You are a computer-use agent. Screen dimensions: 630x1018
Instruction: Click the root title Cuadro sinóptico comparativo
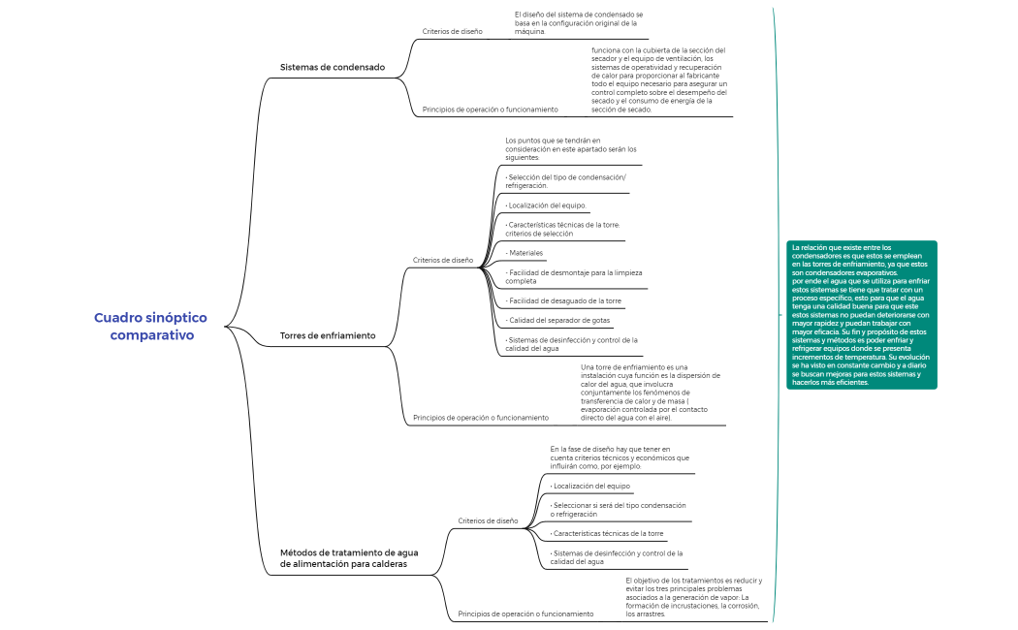point(151,327)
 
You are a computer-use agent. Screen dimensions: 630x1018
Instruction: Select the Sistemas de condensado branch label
point(332,68)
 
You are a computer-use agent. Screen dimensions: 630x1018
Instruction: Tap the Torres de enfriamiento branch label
point(327,336)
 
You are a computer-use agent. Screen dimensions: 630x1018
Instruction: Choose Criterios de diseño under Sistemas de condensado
point(452,32)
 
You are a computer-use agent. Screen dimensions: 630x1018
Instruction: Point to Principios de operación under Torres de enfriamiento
point(480,418)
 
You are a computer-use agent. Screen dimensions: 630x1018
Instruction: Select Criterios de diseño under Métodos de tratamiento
point(488,521)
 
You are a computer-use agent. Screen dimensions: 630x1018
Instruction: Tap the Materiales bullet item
point(525,253)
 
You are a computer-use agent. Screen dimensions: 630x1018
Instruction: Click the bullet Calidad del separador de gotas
point(558,320)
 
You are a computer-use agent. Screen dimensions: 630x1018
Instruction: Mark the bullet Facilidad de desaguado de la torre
point(564,300)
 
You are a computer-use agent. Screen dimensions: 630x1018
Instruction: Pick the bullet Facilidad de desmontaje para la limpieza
point(573,277)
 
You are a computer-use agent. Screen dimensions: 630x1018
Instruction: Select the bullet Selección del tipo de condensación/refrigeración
point(565,181)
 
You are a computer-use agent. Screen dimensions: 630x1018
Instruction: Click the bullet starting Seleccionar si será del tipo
point(618,509)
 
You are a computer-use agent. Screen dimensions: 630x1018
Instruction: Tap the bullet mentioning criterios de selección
point(561,229)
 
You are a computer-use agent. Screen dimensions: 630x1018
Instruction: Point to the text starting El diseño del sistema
point(578,23)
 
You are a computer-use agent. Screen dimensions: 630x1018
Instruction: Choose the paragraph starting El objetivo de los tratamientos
point(692,597)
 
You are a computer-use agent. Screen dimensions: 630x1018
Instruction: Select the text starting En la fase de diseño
point(620,457)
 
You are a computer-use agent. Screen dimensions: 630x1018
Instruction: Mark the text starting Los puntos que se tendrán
point(570,149)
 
